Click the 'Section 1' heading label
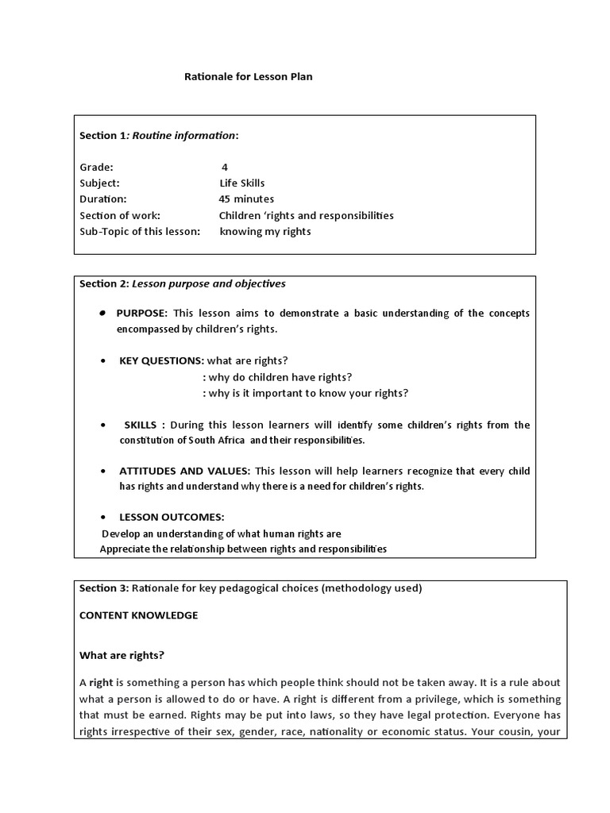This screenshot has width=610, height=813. point(102,135)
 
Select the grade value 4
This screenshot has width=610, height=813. point(225,167)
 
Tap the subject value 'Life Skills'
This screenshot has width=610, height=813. point(242,183)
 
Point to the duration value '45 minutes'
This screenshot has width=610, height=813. point(246,199)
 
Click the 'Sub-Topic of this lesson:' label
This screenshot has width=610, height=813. point(139,232)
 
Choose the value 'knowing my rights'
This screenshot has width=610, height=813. point(265,232)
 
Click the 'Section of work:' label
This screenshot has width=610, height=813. point(120,215)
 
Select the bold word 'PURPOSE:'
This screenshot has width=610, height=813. point(142,313)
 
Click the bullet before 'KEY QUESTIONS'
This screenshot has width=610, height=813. point(104,360)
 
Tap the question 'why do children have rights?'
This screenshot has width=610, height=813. point(277,377)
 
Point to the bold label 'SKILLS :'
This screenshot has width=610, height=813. point(145,425)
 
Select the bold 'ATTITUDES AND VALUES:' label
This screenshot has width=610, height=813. point(185,471)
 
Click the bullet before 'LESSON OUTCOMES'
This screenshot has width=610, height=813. point(104,518)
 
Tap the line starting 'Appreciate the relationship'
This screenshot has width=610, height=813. point(243,549)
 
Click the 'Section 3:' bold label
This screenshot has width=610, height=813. point(103,588)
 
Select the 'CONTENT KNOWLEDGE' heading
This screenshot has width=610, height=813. point(139,615)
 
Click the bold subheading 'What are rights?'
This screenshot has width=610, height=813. point(122,655)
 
